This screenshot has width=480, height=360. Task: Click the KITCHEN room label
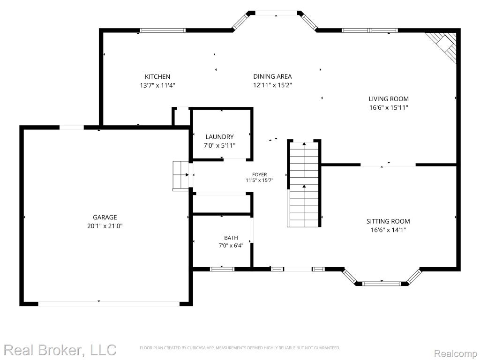157,76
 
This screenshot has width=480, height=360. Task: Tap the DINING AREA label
272,76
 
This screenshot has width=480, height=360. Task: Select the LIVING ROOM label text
389,99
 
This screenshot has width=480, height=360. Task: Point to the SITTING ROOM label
388,221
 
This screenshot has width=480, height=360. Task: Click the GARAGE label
105,217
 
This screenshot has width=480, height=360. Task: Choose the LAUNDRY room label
219,137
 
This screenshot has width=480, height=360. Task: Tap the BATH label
231,238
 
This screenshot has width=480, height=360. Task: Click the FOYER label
259,174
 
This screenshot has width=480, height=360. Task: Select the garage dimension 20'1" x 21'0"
105,226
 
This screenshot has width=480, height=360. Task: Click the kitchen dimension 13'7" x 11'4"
157,85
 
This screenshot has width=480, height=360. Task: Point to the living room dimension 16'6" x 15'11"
389,108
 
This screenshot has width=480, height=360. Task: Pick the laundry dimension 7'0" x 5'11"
219,146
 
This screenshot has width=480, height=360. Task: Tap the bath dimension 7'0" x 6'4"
231,246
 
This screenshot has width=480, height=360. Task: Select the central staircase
304,185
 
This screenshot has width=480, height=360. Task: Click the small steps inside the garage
181,176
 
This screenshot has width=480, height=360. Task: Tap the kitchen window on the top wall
163,30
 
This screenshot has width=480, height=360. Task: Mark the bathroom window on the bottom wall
222,269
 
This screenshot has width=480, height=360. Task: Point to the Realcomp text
456,354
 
